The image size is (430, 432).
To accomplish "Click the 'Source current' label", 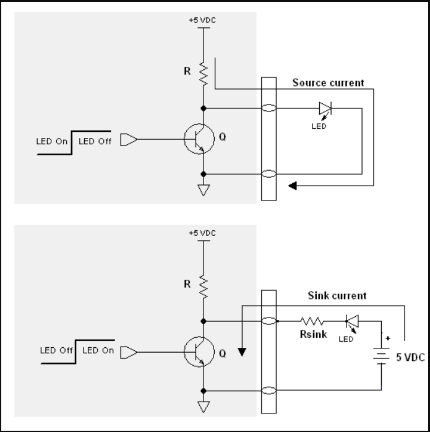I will point(328,83).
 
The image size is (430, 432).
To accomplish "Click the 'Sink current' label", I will point(337,295).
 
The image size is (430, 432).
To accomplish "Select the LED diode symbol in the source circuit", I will point(325,109).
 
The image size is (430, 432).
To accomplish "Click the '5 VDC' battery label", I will point(410,357).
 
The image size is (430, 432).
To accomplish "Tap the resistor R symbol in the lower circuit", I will point(203,285).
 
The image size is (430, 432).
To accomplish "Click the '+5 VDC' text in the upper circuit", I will point(202,20).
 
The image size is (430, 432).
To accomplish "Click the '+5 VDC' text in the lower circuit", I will point(202,233).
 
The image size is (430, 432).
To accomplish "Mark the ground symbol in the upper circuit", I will point(203,191).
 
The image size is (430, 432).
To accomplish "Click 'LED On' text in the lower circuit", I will point(98,350).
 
